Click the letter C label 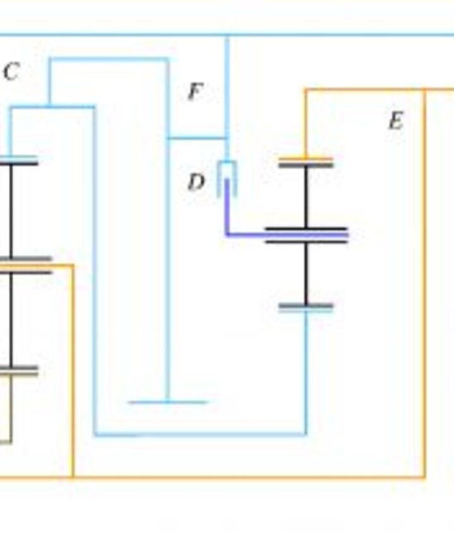point(11,72)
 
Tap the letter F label point(195,92)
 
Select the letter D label point(196,183)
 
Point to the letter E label point(395,120)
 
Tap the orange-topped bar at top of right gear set point(306,162)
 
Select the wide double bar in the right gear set point(306,235)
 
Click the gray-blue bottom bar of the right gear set point(306,308)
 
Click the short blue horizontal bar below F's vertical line point(167,401)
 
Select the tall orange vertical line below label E point(424,284)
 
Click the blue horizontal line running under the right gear point(202,434)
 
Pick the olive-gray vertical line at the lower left point(10,410)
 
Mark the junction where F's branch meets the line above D point(226,138)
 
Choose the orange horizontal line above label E point(366,90)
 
